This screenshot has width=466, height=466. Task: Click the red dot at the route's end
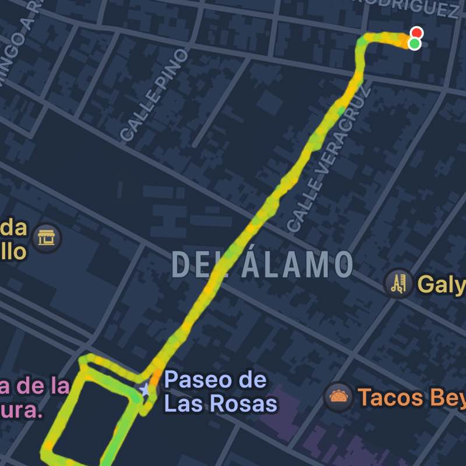click(416, 33)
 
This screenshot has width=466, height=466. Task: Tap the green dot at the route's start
click(415, 44)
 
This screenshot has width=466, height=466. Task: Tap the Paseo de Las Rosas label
click(220, 391)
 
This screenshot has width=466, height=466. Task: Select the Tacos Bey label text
click(411, 397)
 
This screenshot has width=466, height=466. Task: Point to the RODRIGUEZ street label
click(408, 8)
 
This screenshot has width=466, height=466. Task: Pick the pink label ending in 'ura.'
click(23, 411)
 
